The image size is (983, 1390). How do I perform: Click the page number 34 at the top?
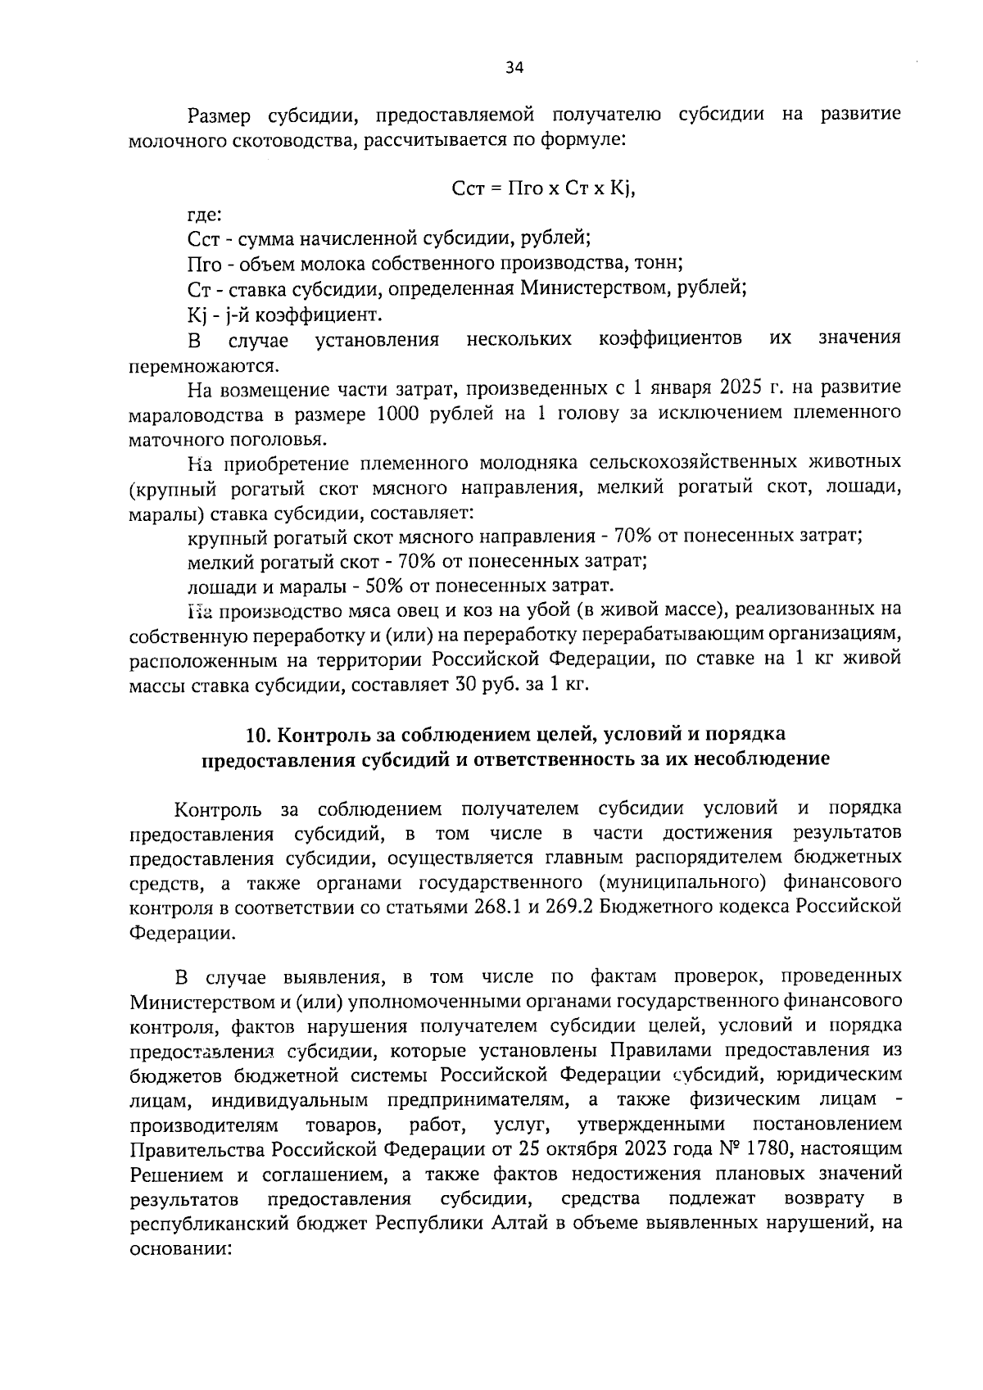tap(514, 69)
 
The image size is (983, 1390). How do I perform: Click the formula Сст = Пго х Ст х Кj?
tap(544, 188)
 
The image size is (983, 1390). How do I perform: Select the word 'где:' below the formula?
tap(202, 215)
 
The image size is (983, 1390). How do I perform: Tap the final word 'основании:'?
tap(182, 1250)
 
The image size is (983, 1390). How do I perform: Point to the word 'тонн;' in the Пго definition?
tap(662, 264)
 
